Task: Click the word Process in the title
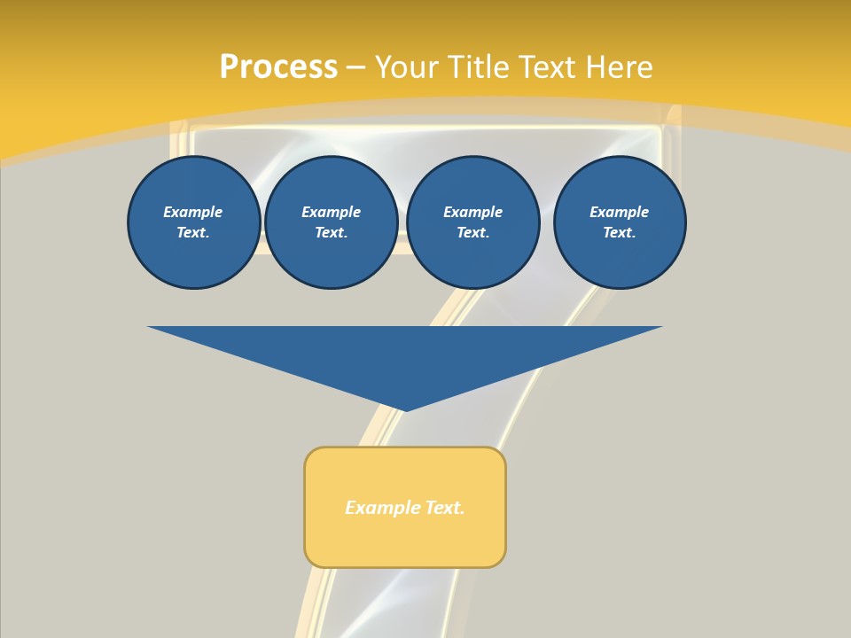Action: pyautogui.click(x=278, y=67)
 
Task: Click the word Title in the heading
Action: pyautogui.click(x=475, y=67)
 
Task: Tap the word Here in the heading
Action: pyautogui.click(x=618, y=67)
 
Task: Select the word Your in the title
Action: pyautogui.click(x=407, y=67)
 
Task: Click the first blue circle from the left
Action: pyautogui.click(x=193, y=222)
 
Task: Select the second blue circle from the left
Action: pyautogui.click(x=332, y=222)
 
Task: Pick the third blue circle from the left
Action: pyautogui.click(x=472, y=222)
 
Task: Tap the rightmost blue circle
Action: pyautogui.click(x=620, y=222)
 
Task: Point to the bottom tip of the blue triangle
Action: pyautogui.click(x=405, y=409)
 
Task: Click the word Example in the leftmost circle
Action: pyautogui.click(x=193, y=212)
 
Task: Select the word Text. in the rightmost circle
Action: pyautogui.click(x=620, y=233)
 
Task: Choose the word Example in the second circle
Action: pyautogui.click(x=332, y=212)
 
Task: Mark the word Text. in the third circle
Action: pyautogui.click(x=472, y=233)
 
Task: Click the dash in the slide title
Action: pyautogui.click(x=355, y=67)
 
